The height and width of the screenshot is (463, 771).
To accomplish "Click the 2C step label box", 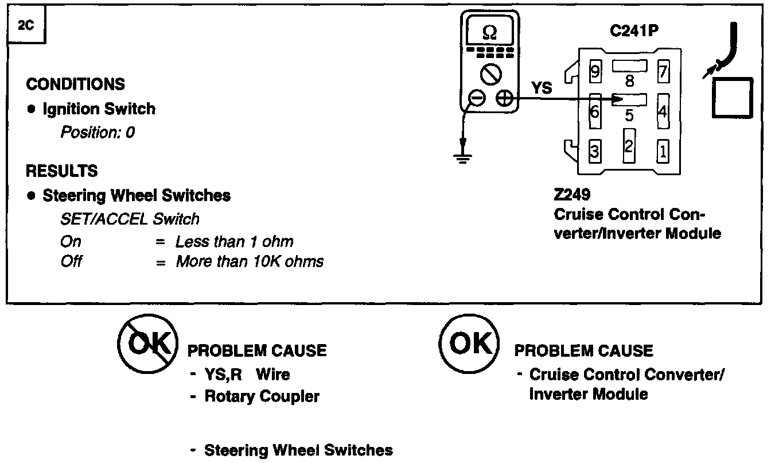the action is (x=26, y=24).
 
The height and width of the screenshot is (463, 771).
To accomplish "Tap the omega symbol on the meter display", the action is (x=489, y=33).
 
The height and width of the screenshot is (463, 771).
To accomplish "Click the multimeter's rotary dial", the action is (x=490, y=74).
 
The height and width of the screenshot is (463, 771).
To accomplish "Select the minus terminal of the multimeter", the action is (x=477, y=99).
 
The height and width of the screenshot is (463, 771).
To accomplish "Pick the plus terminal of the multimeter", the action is (x=504, y=99).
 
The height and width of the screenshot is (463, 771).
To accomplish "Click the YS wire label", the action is (x=542, y=87).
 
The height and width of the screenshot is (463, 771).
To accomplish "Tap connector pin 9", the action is (x=595, y=71).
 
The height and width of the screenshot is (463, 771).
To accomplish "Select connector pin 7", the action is (x=663, y=72).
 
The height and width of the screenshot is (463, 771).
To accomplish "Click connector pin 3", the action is (x=595, y=151).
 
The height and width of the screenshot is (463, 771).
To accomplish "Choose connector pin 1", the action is (x=663, y=151).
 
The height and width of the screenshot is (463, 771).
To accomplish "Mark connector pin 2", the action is (x=629, y=146).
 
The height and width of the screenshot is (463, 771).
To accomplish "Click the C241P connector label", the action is (x=634, y=30).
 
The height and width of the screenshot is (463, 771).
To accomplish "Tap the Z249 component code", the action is (x=572, y=194).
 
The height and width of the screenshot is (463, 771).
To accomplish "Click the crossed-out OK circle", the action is (x=147, y=344).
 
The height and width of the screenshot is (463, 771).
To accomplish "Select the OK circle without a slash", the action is (x=469, y=344).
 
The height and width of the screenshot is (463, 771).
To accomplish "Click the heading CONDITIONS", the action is (x=75, y=84).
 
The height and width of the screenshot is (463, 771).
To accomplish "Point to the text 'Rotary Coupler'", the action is (x=262, y=396).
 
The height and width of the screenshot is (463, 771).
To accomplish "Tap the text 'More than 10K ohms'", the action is (x=250, y=262).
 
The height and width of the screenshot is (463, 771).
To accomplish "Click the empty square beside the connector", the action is (x=733, y=98).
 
